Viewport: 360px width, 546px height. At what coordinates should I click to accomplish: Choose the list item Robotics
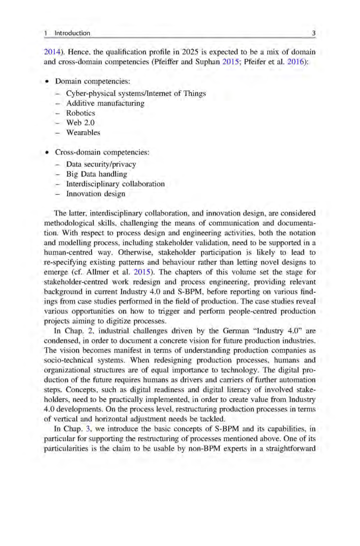tap(80, 113)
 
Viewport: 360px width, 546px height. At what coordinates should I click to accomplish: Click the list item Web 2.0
tap(79, 123)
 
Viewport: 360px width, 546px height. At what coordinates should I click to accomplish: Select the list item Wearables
tap(84, 133)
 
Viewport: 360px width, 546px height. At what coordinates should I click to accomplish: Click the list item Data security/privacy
tap(101, 164)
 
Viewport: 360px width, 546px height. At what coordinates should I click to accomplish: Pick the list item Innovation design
tap(95, 194)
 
